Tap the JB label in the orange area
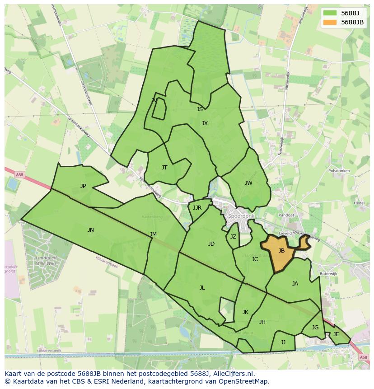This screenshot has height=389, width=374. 281,251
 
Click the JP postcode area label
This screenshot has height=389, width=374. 83,186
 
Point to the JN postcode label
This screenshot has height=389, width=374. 91,230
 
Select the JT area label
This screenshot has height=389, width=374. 164,168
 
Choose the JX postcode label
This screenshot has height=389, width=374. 205,123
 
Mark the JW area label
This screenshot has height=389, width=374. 248,183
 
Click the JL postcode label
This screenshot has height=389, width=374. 202,288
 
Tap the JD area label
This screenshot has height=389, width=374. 211,244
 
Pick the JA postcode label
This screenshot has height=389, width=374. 295,284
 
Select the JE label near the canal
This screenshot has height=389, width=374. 336,334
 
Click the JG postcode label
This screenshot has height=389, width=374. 315,328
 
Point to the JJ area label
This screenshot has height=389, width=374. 283,342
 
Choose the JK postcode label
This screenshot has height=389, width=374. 245,312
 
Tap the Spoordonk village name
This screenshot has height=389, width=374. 242,216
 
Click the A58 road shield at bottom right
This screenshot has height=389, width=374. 364,357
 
